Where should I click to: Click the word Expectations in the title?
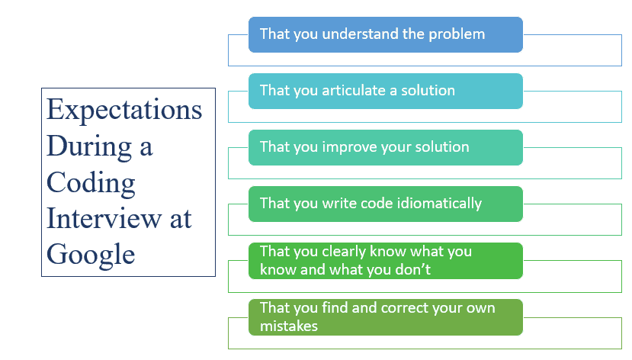(124, 110)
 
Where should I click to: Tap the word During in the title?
(89, 146)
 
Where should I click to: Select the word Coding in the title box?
(91, 183)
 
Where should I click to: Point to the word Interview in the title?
(104, 218)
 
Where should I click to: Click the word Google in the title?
(91, 255)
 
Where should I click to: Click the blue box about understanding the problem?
(386, 34)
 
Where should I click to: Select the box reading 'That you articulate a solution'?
(386, 91)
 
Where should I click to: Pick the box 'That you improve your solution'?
(386, 147)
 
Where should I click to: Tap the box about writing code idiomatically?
(386, 204)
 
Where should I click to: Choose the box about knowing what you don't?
(386, 261)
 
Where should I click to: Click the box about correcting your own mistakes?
(386, 317)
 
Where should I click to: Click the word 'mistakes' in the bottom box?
(289, 326)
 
